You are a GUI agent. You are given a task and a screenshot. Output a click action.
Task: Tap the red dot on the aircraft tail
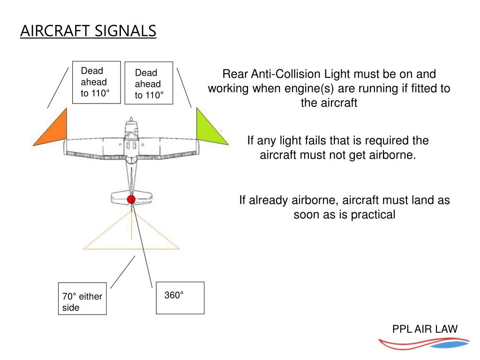(131, 199)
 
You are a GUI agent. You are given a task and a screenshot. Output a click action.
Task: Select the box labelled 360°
(180, 298)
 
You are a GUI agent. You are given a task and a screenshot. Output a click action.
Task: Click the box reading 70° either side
(82, 298)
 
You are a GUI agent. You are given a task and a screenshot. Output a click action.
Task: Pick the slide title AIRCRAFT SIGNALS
(88, 31)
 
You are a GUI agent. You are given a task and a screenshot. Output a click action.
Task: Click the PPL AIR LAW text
(425, 329)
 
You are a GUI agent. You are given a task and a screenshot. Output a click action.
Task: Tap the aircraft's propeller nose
(131, 121)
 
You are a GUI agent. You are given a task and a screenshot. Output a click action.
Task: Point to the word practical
(373, 215)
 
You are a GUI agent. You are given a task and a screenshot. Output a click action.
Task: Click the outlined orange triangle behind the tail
(131, 234)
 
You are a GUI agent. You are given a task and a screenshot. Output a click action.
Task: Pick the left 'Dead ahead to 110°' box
(97, 82)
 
